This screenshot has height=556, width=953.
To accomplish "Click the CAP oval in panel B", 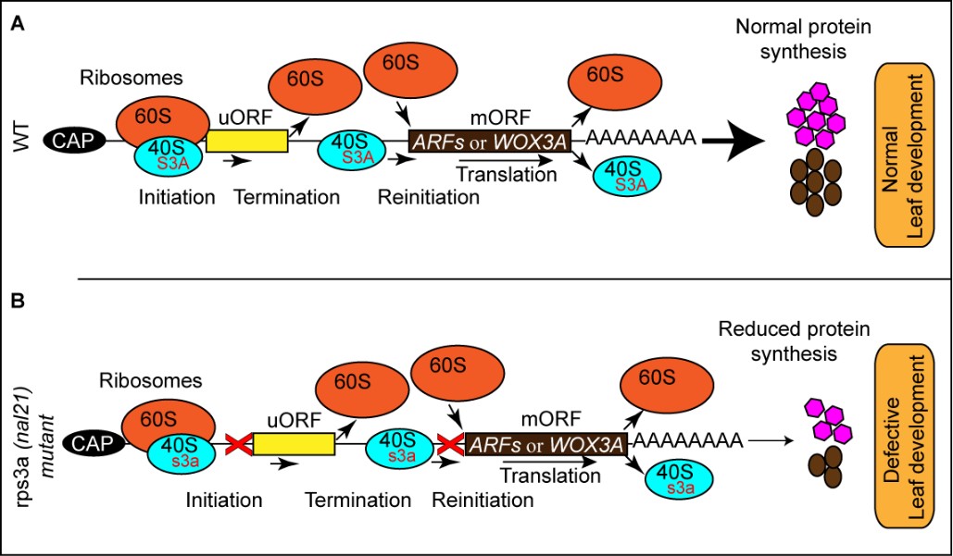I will (x=100, y=443).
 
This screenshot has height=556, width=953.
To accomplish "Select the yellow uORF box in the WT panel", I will (x=245, y=141).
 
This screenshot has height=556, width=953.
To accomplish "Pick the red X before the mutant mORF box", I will (x=451, y=444).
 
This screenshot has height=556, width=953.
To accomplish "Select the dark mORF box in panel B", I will (x=545, y=443).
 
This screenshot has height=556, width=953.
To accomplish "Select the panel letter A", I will (x=17, y=26).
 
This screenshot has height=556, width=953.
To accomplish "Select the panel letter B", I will (x=17, y=303).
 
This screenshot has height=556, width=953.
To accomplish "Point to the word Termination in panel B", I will (x=357, y=500).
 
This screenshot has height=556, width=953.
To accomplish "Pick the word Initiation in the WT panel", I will (x=176, y=196).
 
